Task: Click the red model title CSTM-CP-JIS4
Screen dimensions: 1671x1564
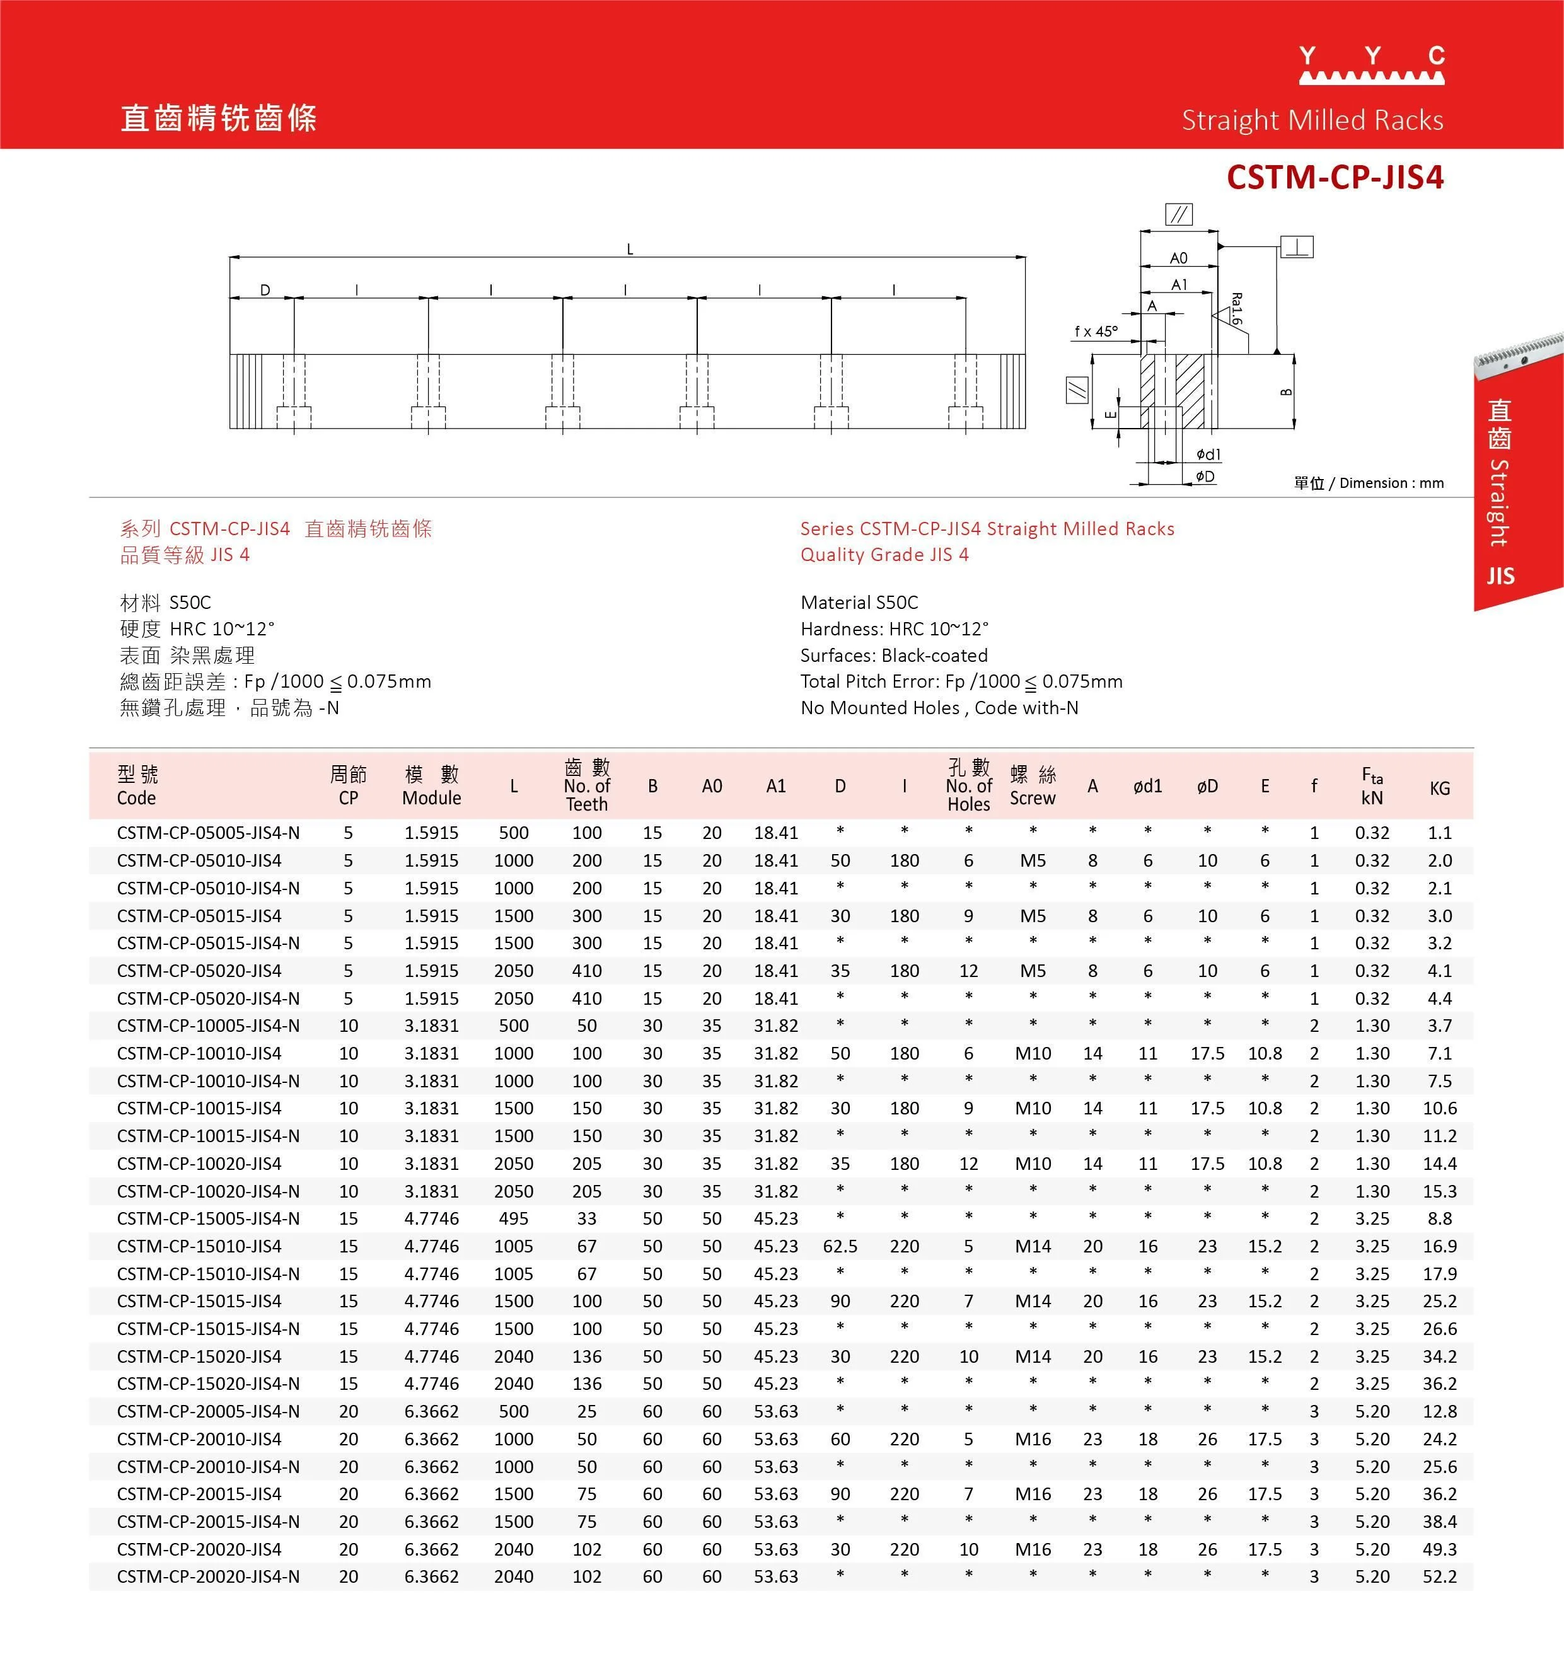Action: (x=1335, y=177)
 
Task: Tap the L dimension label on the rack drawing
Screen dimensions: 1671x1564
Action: (x=630, y=249)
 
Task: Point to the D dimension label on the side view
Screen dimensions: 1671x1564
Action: (x=265, y=290)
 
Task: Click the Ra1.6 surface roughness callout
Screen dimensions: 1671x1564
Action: (x=1236, y=308)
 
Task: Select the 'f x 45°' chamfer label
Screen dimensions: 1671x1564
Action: (x=1096, y=331)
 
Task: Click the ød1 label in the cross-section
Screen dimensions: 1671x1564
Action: (x=1208, y=454)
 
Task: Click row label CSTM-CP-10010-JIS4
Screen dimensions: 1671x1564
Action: (x=199, y=1053)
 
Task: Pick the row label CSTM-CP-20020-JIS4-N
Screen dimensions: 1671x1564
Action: (x=209, y=1577)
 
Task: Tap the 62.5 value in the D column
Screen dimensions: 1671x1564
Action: (x=840, y=1247)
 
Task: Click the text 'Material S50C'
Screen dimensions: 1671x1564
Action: (x=859, y=603)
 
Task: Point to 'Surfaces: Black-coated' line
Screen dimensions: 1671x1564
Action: (x=893, y=656)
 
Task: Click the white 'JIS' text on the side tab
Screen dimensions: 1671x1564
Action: (x=1500, y=575)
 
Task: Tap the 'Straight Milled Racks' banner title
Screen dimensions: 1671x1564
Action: (x=1312, y=120)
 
